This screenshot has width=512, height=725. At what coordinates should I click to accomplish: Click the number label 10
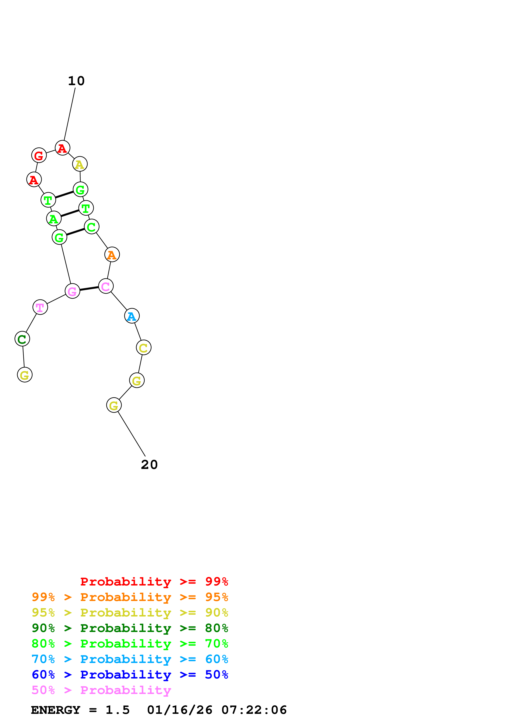(x=76, y=81)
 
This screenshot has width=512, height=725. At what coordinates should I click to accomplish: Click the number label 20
(x=149, y=465)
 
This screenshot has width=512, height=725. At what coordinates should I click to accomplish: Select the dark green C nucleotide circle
(x=22, y=339)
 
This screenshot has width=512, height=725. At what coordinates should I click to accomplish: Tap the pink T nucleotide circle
(x=40, y=307)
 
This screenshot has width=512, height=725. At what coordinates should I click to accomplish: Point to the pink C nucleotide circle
(x=106, y=286)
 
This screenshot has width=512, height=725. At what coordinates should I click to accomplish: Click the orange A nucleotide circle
(x=112, y=254)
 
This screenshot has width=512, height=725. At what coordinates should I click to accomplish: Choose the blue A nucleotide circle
(x=132, y=316)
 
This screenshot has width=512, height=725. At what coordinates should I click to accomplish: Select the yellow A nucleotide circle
(x=80, y=164)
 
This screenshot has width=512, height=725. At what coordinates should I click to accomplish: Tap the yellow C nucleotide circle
(x=144, y=348)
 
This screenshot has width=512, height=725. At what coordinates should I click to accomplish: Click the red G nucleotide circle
(x=39, y=155)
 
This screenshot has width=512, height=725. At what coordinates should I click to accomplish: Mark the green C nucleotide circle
(x=91, y=227)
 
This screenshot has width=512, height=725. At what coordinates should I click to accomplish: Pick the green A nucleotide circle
(x=54, y=218)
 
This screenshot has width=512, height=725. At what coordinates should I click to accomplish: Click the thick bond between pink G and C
(x=89, y=289)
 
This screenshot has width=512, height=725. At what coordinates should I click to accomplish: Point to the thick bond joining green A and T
(x=70, y=213)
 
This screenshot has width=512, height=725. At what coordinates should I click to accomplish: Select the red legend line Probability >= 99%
(x=154, y=582)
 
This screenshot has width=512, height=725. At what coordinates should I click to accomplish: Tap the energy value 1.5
(x=117, y=710)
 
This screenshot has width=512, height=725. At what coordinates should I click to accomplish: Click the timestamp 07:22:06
(x=254, y=710)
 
